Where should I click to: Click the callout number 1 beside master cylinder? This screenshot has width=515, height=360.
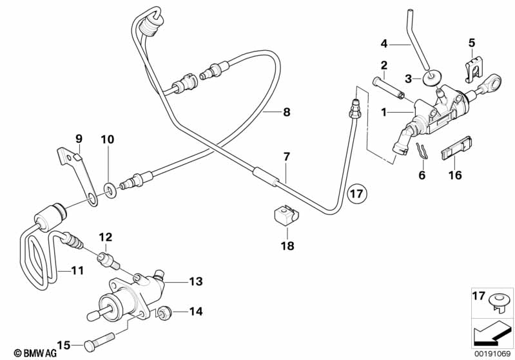pyautogui.click(x=384, y=112)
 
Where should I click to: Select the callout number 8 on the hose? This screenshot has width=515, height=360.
pyautogui.click(x=286, y=111)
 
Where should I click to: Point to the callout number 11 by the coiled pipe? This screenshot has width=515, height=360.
pyautogui.click(x=77, y=270)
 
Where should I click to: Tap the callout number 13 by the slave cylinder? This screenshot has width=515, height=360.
pyautogui.click(x=195, y=281)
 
